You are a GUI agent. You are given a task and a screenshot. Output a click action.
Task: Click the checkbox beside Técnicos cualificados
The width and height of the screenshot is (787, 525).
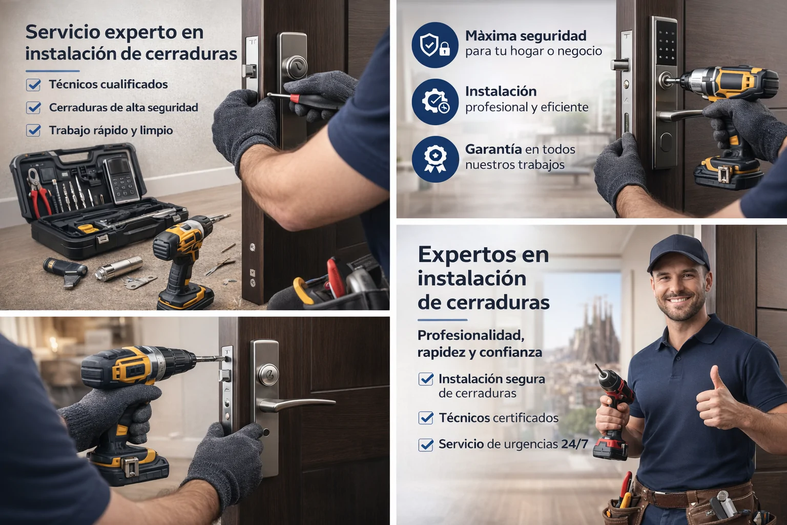point(33,85)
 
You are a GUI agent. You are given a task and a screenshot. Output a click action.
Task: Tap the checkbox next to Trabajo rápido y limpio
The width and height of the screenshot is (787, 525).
point(33,130)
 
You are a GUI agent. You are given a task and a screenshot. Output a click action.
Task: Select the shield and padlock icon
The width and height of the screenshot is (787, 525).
point(434,45)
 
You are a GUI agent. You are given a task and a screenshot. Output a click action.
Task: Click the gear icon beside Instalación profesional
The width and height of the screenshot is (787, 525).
point(434,102)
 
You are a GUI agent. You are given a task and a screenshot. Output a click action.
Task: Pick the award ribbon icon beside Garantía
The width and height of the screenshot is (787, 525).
point(434,158)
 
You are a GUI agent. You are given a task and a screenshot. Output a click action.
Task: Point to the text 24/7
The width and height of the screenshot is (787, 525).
point(574,444)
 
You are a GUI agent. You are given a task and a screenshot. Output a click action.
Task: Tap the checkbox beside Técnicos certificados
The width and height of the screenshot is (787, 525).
point(426,418)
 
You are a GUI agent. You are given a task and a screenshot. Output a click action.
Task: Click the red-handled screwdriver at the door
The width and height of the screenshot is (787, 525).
point(302,97)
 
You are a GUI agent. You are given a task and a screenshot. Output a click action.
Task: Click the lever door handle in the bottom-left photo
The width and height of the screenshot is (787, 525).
point(297,404)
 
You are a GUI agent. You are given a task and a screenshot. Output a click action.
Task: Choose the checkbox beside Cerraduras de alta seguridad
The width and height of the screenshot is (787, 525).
point(33,108)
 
